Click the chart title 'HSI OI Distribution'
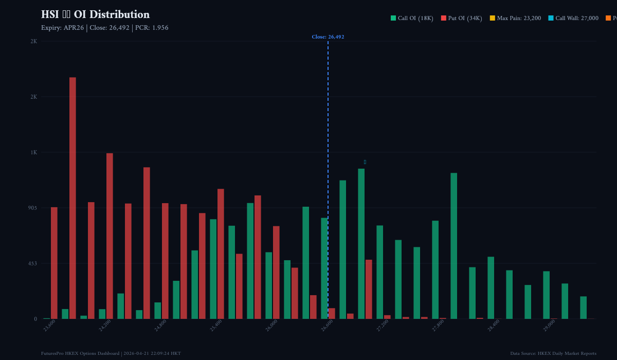tap(95, 15)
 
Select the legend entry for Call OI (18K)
tap(412, 18)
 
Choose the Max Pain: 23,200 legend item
tap(515, 18)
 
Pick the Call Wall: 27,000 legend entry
tap(573, 18)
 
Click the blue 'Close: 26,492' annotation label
tap(328, 37)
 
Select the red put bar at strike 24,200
tap(110, 236)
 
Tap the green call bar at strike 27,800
tap(435, 269)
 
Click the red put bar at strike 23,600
tap(54, 263)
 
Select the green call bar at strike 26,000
tap(268, 285)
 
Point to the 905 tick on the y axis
tap(32, 208)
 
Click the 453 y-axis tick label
tap(32, 263)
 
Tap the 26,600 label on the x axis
tap(327, 326)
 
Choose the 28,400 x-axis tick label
tap(494, 326)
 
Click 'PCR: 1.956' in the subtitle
tap(152, 28)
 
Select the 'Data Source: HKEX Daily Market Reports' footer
tap(553, 353)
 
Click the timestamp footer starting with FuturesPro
tap(111, 353)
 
